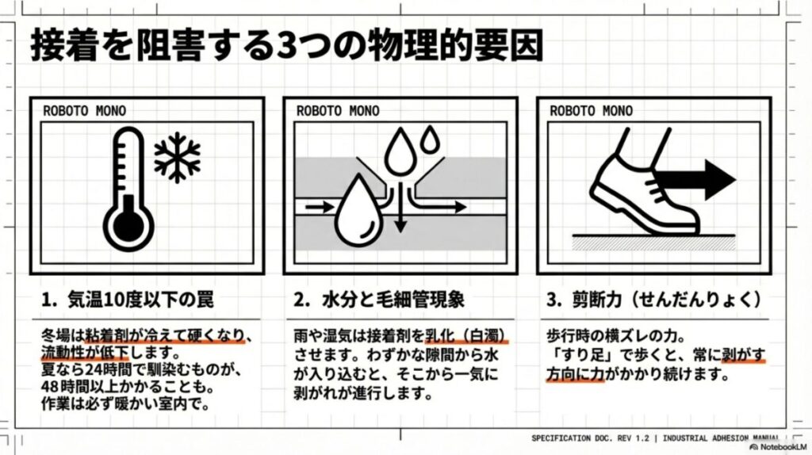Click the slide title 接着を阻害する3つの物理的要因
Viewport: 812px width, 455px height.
coord(286,46)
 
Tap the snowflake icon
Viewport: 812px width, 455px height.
coord(177,156)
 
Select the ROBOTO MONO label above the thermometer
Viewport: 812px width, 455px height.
coord(84,110)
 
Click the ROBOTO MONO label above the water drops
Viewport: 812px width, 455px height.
coord(338,110)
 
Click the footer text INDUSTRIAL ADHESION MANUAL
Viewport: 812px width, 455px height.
coord(718,438)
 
